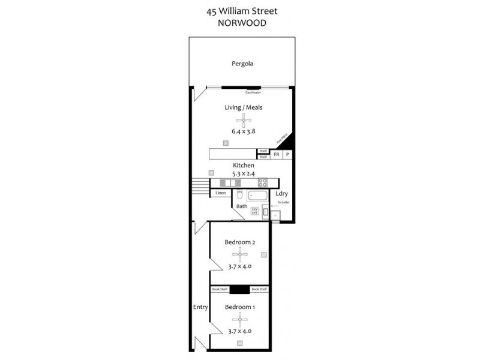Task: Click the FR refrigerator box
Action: pos(277,155)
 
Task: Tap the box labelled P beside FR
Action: pos(287,155)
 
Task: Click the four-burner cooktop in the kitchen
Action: pos(262,183)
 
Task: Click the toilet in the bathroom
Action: pos(239,196)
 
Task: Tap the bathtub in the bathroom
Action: pos(259,196)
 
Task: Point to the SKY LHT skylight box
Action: pos(254,211)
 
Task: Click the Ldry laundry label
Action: pos(281,194)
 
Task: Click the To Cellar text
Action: pos(283,203)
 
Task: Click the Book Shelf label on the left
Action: pos(220,289)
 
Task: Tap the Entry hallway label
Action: pos(200,307)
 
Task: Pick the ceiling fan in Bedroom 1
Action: pos(239,319)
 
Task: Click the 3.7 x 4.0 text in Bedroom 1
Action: pos(239,331)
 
